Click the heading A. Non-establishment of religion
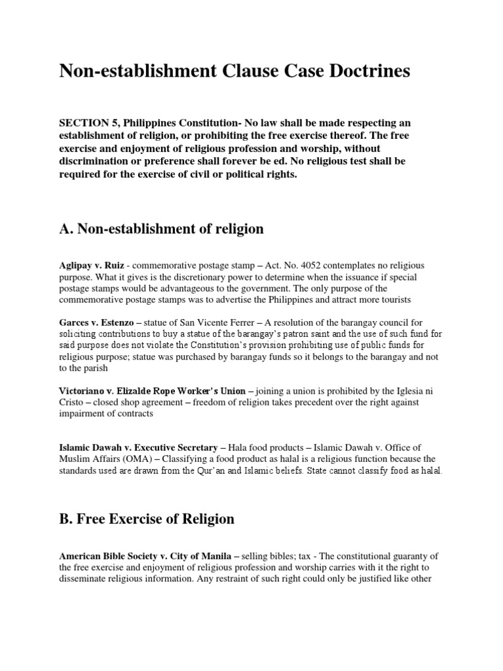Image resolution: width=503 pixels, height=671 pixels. coord(161,229)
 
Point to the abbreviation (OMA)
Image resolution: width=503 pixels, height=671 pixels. coord(138,459)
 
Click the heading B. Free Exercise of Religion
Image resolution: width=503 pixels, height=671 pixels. coord(147,519)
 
